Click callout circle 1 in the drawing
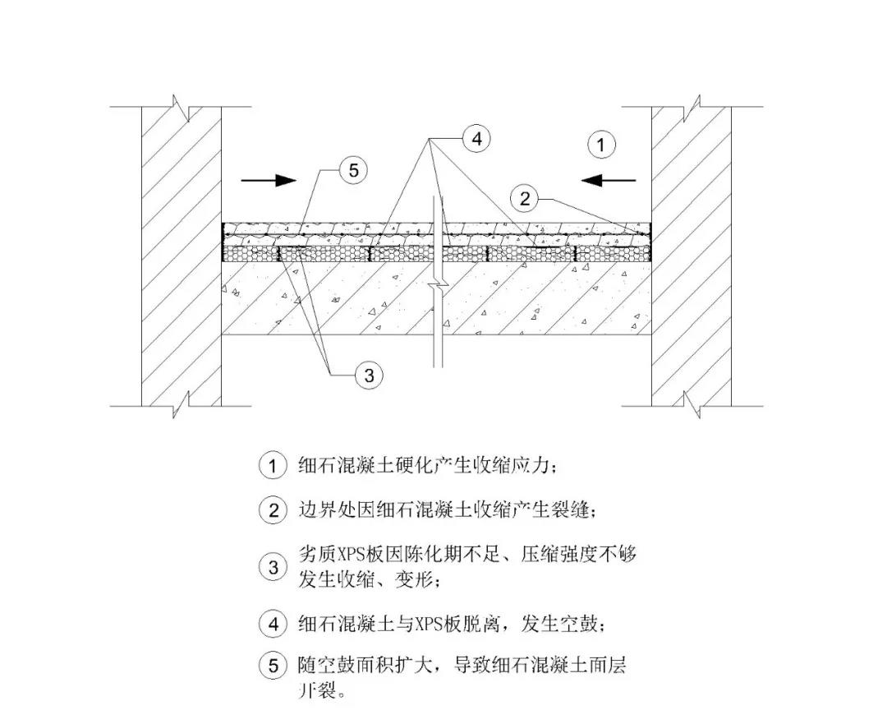(601, 145)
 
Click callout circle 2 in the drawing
(524, 198)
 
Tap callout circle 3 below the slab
(369, 375)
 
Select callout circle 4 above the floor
(477, 138)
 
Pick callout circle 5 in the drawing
(353, 170)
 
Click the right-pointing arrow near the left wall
(269, 181)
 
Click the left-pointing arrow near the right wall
(609, 181)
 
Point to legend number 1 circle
(273, 465)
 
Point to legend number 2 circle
(273, 510)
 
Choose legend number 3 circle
(273, 567)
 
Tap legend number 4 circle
(273, 624)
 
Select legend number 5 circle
(273, 666)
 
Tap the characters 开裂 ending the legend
(317, 690)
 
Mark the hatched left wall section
(181, 256)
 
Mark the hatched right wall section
(692, 256)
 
